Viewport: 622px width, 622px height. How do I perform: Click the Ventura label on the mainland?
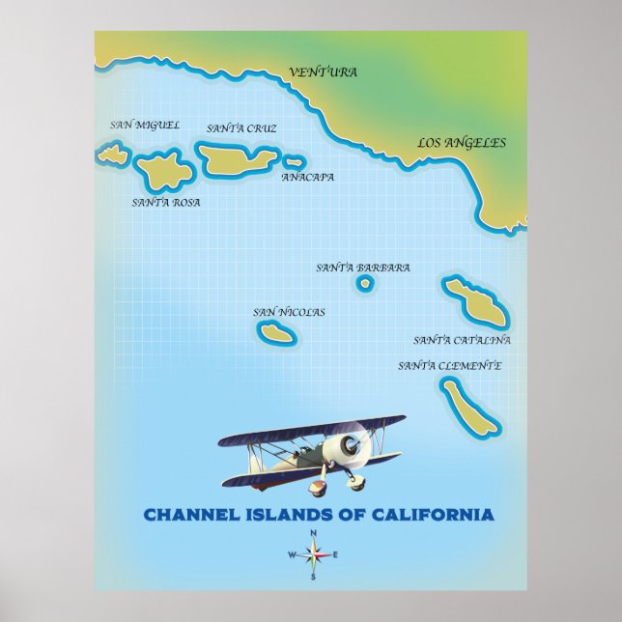pyautogui.click(x=323, y=72)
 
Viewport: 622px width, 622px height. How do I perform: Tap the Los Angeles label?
pyautogui.click(x=461, y=143)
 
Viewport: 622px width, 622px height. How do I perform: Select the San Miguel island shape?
pyautogui.click(x=113, y=154)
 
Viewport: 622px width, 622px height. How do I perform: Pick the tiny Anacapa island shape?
pyautogui.click(x=294, y=162)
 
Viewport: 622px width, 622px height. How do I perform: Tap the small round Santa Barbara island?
pyautogui.click(x=365, y=283)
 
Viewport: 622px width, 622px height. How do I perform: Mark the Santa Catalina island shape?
pyautogui.click(x=475, y=301)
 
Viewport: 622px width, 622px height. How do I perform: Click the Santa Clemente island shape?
pyautogui.click(x=469, y=407)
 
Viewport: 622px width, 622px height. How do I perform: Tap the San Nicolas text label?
pyautogui.click(x=289, y=312)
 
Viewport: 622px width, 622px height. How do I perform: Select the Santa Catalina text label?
pyautogui.click(x=462, y=341)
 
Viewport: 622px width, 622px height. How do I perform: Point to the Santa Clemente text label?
pyautogui.click(x=449, y=366)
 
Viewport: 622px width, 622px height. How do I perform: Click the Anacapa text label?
pyautogui.click(x=308, y=178)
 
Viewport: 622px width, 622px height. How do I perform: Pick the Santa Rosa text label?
pyautogui.click(x=166, y=203)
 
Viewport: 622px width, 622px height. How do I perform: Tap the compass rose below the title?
pyautogui.click(x=313, y=554)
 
